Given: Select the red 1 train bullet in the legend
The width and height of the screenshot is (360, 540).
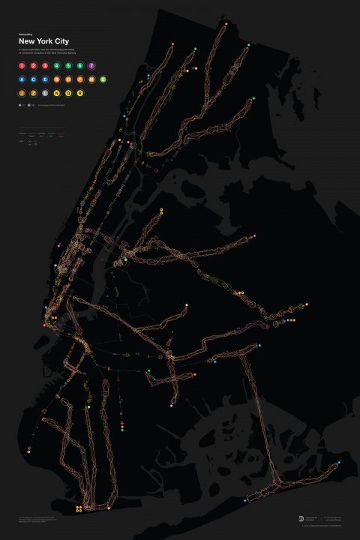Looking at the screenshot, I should tap(22, 66).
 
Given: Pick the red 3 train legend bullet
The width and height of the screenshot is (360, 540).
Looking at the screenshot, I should tap(46, 66).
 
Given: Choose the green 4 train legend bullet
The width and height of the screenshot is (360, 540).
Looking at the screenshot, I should tap(57, 66).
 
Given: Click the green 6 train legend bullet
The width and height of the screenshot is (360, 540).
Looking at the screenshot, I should tap(79, 66).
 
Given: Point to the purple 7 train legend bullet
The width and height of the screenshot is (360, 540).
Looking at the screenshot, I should tap(91, 66).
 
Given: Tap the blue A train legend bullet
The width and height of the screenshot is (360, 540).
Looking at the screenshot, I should tap(22, 79).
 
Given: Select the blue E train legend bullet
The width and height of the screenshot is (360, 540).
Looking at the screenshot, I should tap(46, 79).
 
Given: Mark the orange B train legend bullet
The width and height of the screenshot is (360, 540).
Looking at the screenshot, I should tap(57, 79).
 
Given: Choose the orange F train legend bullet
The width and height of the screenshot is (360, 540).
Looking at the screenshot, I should tap(79, 79).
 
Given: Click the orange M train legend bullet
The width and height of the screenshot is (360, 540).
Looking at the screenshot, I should tap(91, 79).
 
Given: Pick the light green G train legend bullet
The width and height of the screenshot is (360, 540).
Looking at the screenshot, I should tap(102, 79).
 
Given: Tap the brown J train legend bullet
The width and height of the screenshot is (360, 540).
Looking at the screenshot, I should tap(22, 92).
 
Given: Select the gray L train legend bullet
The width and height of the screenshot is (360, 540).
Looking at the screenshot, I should tap(46, 92).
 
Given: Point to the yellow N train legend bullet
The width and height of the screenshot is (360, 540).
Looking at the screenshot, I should tap(57, 92).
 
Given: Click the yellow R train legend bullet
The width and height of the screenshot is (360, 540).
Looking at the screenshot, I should tap(79, 92).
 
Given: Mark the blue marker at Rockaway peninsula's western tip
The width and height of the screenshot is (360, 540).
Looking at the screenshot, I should tap(246, 501).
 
